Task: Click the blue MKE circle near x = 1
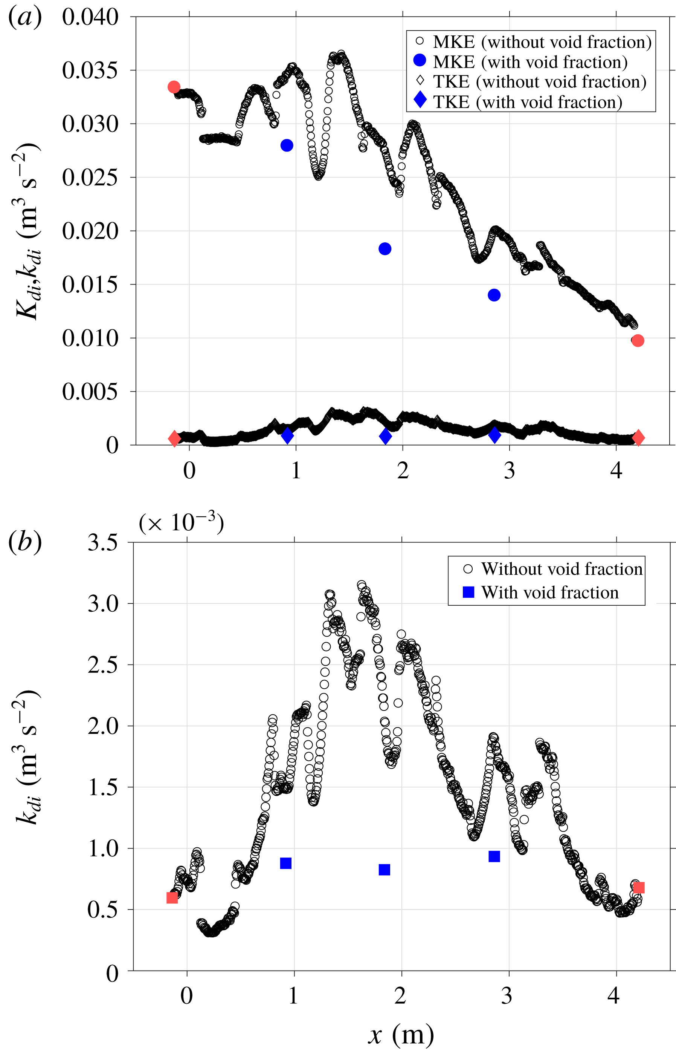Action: [x=287, y=145]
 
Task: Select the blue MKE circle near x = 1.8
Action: [x=385, y=249]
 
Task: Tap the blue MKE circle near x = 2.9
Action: [x=494, y=295]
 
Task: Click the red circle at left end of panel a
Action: [x=174, y=87]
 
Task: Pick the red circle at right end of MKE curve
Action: [x=638, y=340]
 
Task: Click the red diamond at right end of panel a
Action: [x=638, y=438]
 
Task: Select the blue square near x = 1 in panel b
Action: [x=286, y=864]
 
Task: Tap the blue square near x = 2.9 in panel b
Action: [x=494, y=856]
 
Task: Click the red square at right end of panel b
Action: [x=639, y=888]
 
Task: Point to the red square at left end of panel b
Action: [x=172, y=898]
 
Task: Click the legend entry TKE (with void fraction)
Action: [x=527, y=102]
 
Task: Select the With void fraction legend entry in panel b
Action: [x=549, y=593]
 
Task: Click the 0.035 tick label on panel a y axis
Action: [x=90, y=70]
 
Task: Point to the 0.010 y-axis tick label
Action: [x=90, y=338]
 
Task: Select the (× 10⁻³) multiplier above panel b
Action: [x=181, y=523]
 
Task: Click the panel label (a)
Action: [x=25, y=18]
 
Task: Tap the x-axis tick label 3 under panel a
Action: [x=509, y=470]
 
